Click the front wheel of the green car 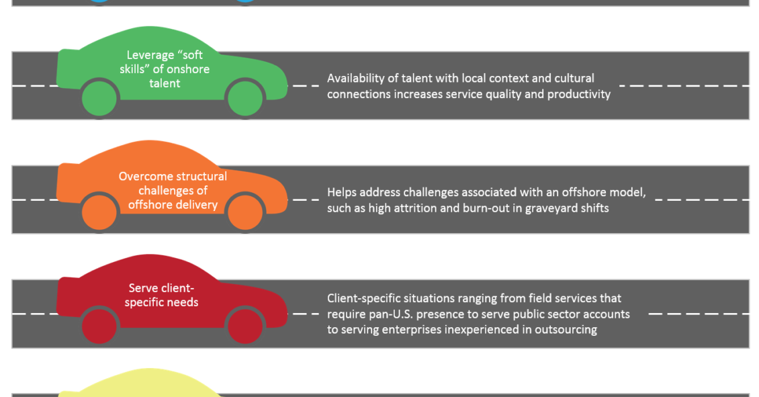click(x=245, y=98)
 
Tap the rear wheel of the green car click(x=99, y=98)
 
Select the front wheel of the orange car click(x=245, y=212)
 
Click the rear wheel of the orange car click(x=99, y=212)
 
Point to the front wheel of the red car click(x=245, y=326)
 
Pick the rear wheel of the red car click(x=99, y=326)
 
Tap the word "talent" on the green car click(x=165, y=83)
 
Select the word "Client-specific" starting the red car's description click(x=364, y=299)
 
